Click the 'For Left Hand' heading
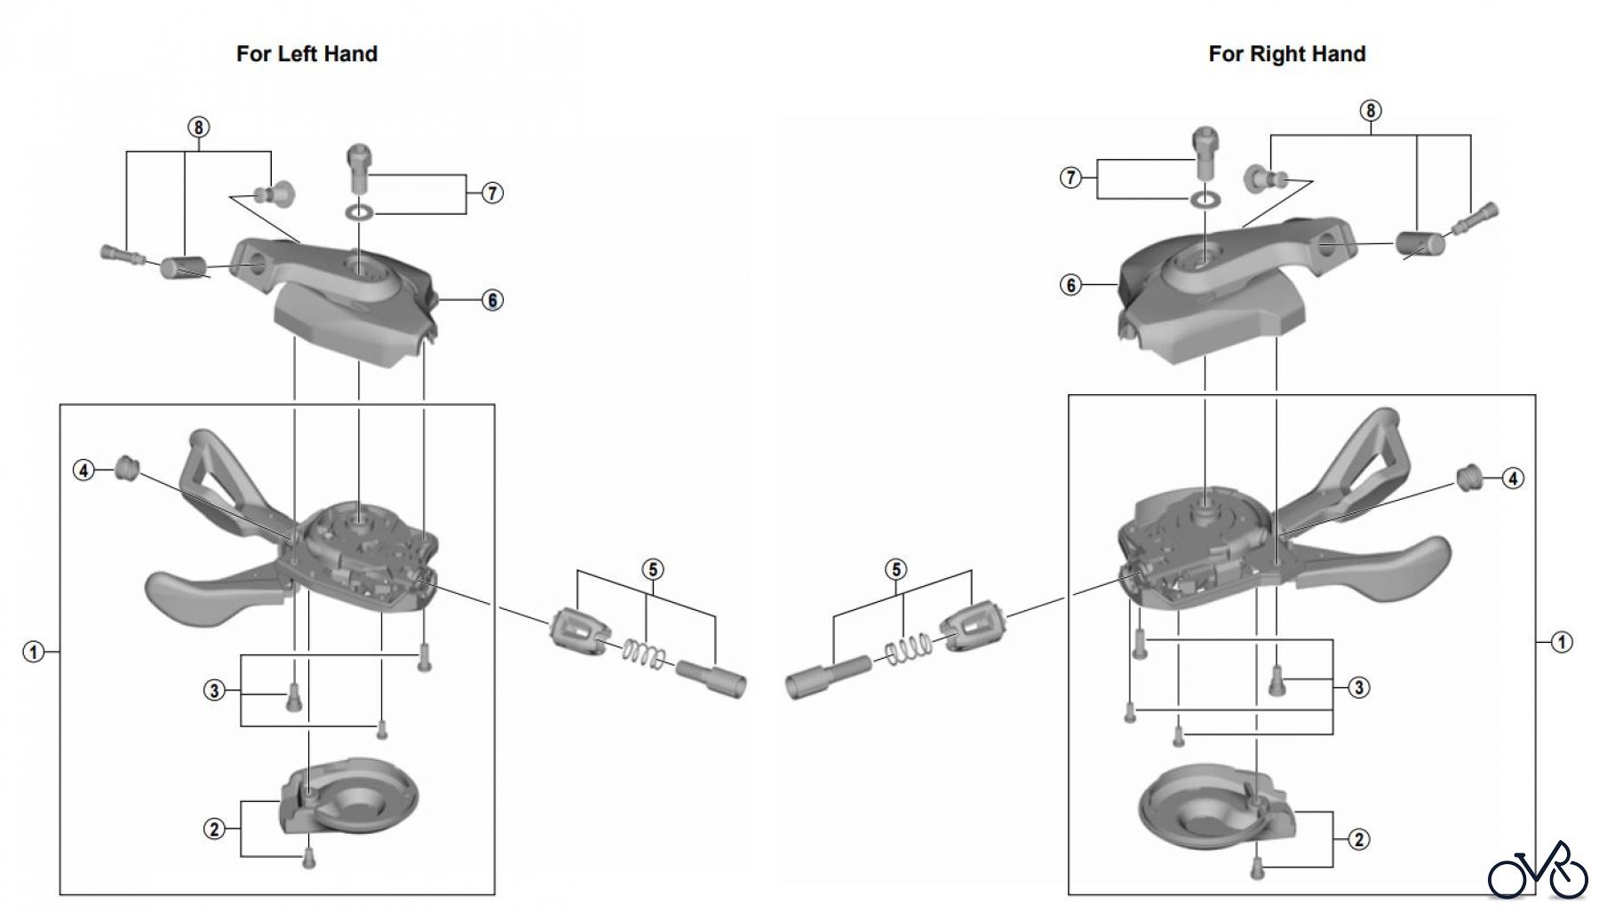click(x=306, y=54)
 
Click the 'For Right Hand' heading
click(x=1286, y=54)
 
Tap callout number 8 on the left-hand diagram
click(x=198, y=127)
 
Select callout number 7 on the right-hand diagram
click(x=1070, y=178)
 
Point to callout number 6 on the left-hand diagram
click(x=492, y=300)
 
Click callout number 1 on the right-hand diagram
click(x=1561, y=641)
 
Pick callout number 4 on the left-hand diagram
click(x=84, y=470)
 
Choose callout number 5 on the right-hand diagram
click(x=895, y=569)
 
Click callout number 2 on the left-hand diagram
click(x=214, y=829)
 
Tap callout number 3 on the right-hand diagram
click(x=1358, y=687)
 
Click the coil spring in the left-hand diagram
click(x=643, y=654)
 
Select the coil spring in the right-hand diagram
click(x=909, y=649)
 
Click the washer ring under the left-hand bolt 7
click(x=360, y=212)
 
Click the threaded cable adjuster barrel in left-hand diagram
click(x=711, y=678)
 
